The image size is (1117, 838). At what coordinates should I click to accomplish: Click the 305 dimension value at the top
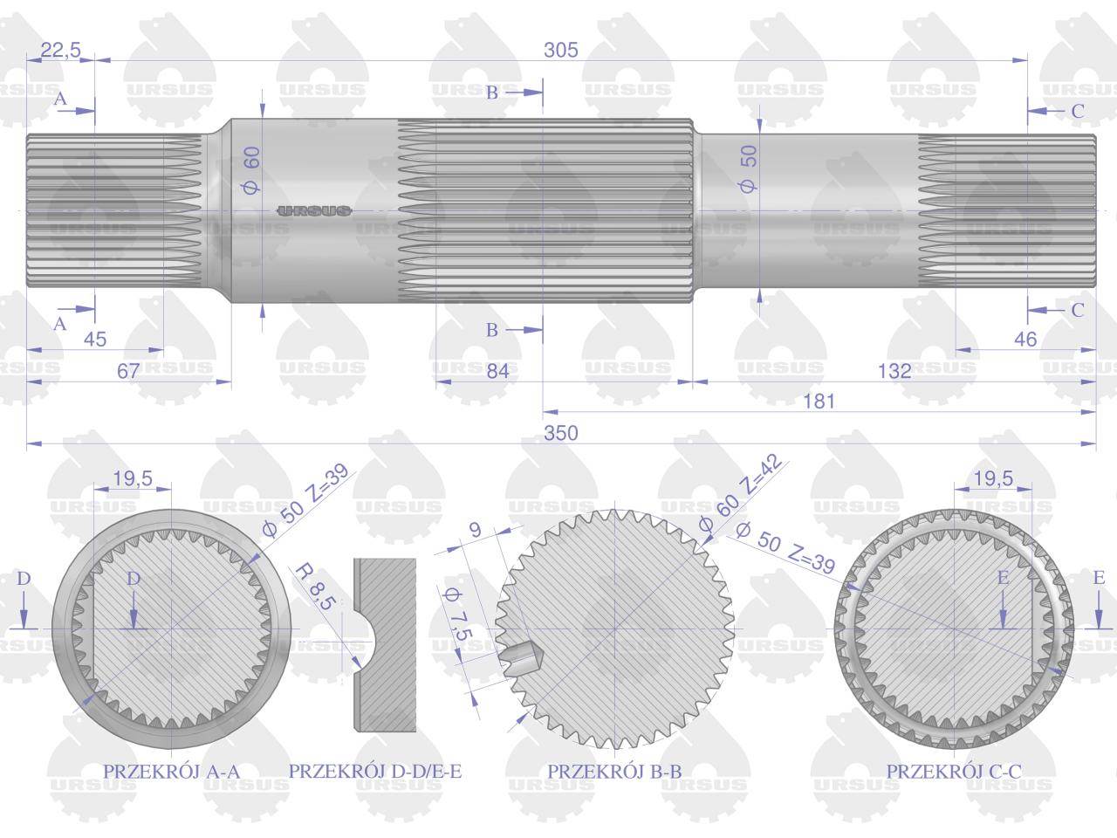(561, 50)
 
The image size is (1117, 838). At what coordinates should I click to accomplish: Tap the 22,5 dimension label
(60, 50)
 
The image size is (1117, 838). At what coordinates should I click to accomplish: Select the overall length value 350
(561, 433)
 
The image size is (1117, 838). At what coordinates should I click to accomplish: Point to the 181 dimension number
(819, 402)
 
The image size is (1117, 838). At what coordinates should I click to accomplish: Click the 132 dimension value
(894, 371)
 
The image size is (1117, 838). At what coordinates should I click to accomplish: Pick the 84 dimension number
(497, 371)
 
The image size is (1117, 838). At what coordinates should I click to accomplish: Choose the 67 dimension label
(128, 371)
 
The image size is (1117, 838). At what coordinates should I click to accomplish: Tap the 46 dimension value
(1025, 340)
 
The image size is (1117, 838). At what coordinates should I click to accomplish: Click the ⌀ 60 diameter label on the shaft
(250, 170)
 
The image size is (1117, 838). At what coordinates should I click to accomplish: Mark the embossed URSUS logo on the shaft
(314, 211)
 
